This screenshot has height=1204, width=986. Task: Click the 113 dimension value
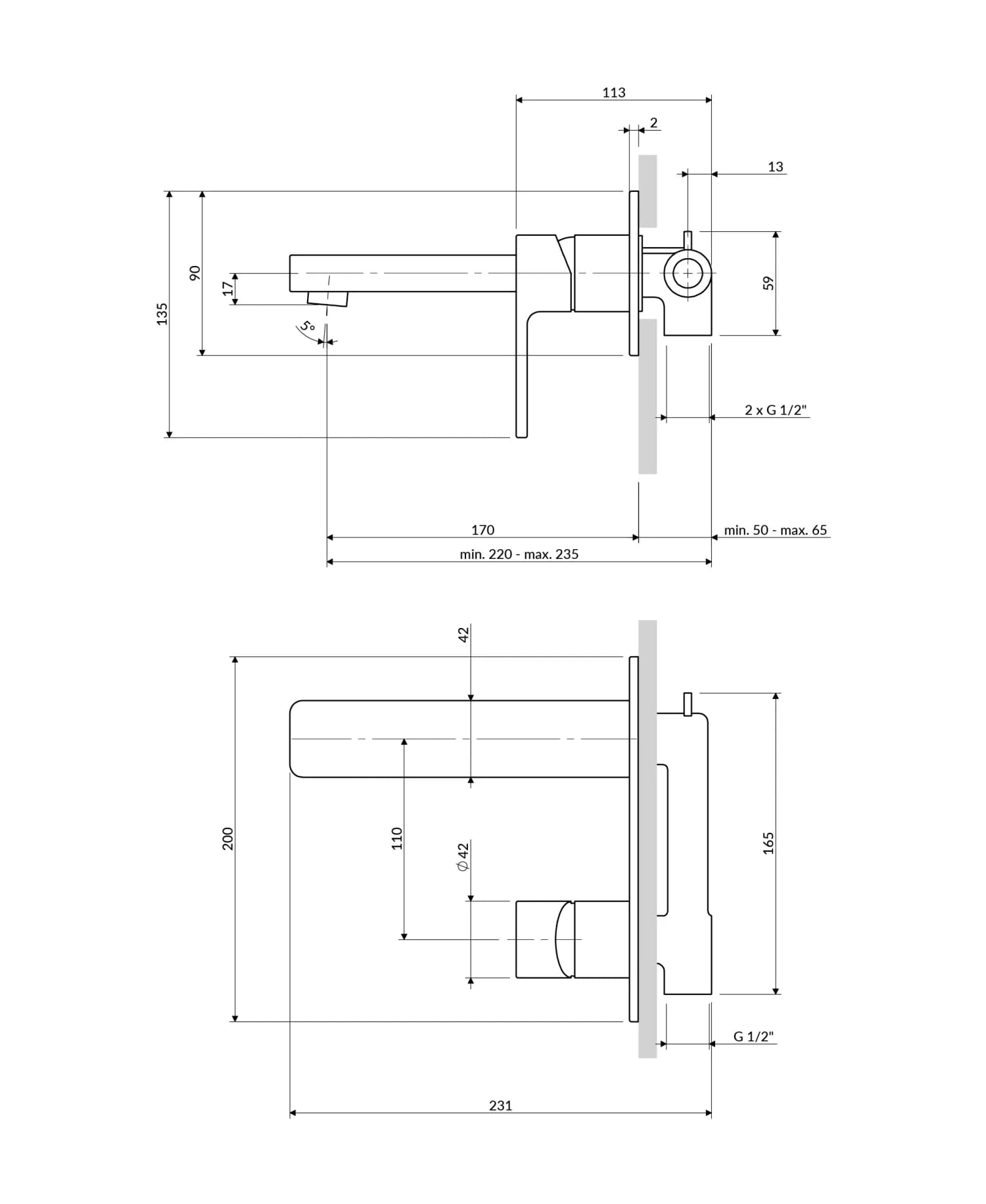click(613, 93)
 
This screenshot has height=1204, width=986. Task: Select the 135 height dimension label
click(162, 314)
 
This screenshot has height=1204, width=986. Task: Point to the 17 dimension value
click(227, 288)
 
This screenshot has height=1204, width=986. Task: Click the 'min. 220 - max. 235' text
click(519, 554)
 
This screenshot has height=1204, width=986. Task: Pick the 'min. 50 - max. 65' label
click(775, 530)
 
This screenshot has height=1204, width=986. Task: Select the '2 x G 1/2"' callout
click(775, 410)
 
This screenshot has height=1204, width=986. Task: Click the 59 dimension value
click(768, 283)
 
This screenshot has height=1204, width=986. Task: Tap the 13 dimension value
click(775, 167)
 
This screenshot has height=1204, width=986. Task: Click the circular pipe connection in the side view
click(687, 273)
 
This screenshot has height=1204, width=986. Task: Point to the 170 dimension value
click(482, 530)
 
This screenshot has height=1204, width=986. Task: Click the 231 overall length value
click(500, 1105)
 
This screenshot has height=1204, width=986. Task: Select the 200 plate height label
click(227, 839)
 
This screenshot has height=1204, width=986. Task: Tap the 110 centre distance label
click(396, 839)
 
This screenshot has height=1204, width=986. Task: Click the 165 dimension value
click(768, 843)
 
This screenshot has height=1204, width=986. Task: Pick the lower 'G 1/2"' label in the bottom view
click(753, 1037)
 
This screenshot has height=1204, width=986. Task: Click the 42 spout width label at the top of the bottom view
click(463, 635)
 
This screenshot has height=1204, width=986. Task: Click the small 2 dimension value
click(653, 123)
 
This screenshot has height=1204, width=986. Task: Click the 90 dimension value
click(195, 273)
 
